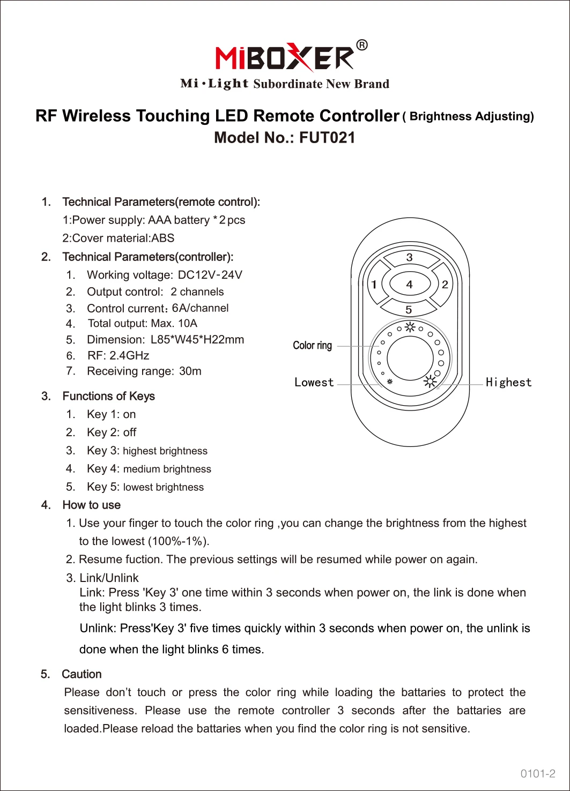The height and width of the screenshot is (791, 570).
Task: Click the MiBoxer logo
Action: (285, 57)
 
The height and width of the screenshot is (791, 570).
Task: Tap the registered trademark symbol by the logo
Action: (362, 45)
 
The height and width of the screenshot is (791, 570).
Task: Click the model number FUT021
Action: (327, 138)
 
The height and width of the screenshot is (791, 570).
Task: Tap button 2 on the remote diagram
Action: (445, 284)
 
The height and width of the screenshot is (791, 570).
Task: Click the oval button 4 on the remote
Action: (410, 284)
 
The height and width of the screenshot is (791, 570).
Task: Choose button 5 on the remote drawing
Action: (409, 309)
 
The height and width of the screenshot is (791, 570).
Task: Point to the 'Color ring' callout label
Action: (312, 346)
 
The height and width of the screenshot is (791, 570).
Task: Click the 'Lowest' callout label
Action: (314, 382)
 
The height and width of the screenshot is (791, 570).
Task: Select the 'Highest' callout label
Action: (508, 382)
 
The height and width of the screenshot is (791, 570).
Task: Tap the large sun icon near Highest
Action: (430, 382)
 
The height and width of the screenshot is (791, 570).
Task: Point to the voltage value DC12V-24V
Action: (210, 275)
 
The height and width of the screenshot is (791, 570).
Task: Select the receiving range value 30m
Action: (190, 371)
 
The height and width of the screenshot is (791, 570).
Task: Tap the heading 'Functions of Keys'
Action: (108, 396)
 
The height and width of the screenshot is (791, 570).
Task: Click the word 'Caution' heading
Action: (82, 674)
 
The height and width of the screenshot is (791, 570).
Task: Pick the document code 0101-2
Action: (537, 773)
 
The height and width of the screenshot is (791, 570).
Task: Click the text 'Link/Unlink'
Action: (109, 578)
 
